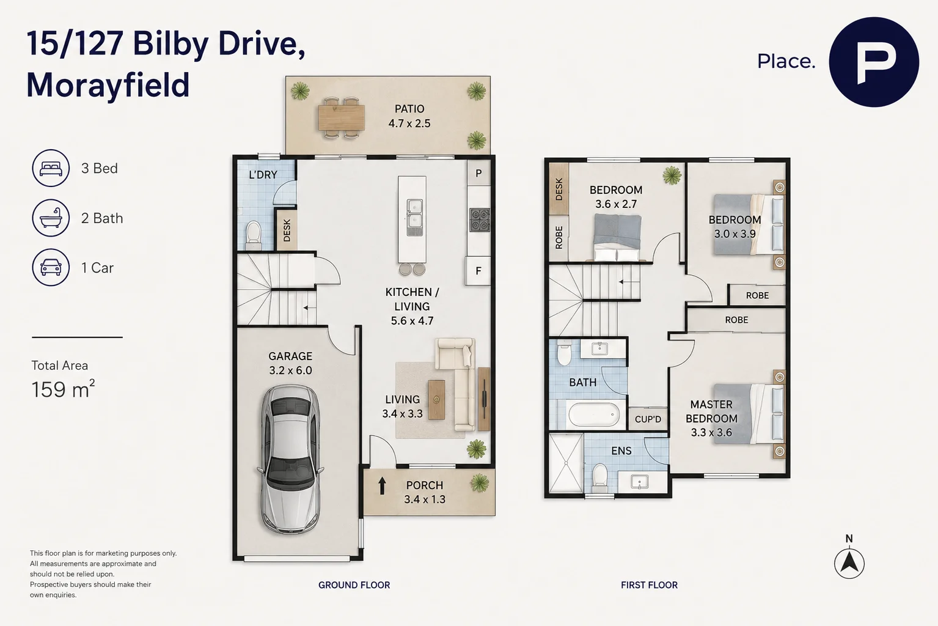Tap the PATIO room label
tap(409, 109)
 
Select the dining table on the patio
tap(341, 118)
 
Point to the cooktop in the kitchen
tap(480, 220)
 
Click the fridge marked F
tap(478, 271)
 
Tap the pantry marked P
tap(478, 173)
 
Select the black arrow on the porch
tap(382, 486)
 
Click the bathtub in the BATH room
tap(594, 415)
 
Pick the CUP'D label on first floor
tap(648, 419)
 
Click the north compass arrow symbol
tap(849, 564)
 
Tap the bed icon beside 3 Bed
tap(51, 168)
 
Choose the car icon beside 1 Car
tap(51, 267)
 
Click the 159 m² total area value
tap(63, 389)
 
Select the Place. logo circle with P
tap(874, 62)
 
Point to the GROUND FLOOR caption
tap(354, 585)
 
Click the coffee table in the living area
tap(436, 399)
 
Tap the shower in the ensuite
tap(566, 463)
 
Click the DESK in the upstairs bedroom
tap(559, 189)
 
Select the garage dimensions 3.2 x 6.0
tap(290, 370)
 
